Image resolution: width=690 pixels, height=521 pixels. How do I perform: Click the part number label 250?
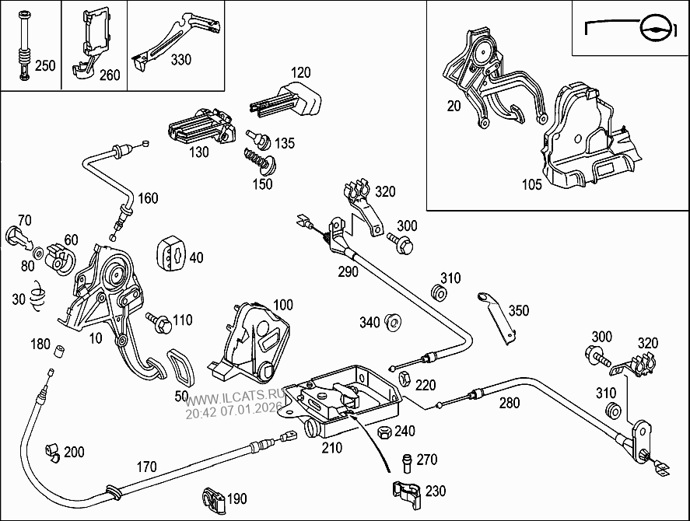coord(45,66)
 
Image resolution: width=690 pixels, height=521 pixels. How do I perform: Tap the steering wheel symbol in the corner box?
coord(653,29)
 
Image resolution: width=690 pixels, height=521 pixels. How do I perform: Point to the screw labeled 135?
coord(260,140)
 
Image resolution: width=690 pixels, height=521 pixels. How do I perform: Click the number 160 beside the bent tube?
coord(148,198)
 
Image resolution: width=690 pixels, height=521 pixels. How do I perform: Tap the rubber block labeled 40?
coord(173,254)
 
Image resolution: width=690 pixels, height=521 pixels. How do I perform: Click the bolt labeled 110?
coord(159,321)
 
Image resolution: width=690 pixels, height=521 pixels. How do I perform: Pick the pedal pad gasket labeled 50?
coord(182,367)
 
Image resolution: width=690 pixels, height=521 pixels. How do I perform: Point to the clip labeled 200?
coord(52,452)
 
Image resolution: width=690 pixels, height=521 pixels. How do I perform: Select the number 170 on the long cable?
coord(145,467)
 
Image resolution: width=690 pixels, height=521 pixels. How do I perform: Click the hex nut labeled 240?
coord(384,432)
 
